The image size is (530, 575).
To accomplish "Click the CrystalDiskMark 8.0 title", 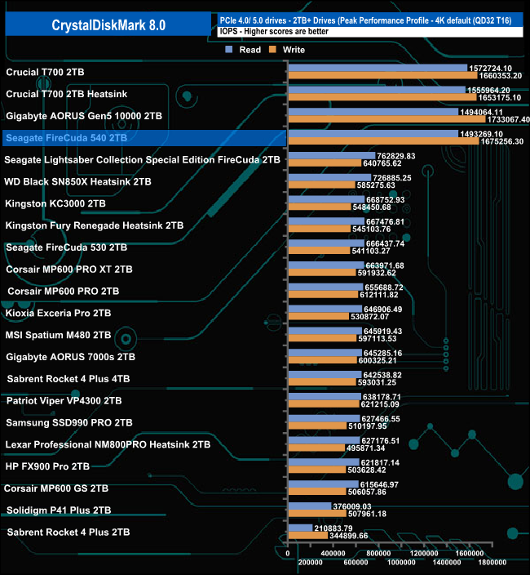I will [110, 25].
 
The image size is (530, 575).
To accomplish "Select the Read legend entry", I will [244, 50].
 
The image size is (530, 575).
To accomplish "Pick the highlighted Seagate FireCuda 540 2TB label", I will [66, 139].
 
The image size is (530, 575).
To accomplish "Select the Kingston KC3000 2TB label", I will [55, 203].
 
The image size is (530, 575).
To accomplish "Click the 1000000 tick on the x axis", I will [402, 564].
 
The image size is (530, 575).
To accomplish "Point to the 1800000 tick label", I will [492, 564].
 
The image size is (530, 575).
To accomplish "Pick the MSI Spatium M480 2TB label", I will [58, 335].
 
